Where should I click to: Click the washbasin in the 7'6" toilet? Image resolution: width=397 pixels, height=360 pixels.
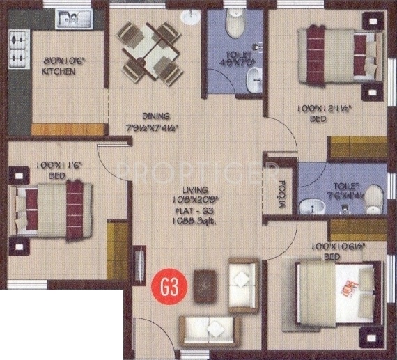[308, 206]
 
